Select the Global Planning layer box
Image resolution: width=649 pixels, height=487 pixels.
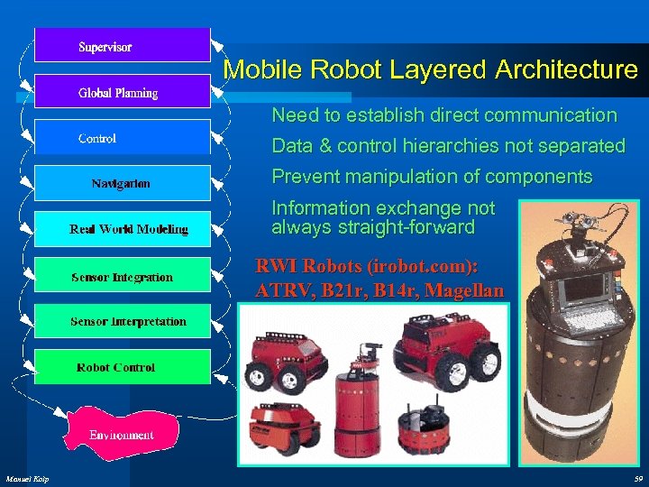[122, 92]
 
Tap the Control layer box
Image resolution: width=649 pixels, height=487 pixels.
[122, 138]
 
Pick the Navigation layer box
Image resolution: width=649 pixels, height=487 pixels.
[122, 184]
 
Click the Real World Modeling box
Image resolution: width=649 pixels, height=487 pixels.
[122, 230]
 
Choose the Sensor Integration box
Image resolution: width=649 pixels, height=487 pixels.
[122, 277]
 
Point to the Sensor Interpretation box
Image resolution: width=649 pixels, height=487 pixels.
[122, 321]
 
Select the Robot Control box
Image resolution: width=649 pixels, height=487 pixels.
[122, 367]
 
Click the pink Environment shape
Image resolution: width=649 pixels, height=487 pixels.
[122, 433]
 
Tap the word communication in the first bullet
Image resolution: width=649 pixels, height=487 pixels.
[552, 115]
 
